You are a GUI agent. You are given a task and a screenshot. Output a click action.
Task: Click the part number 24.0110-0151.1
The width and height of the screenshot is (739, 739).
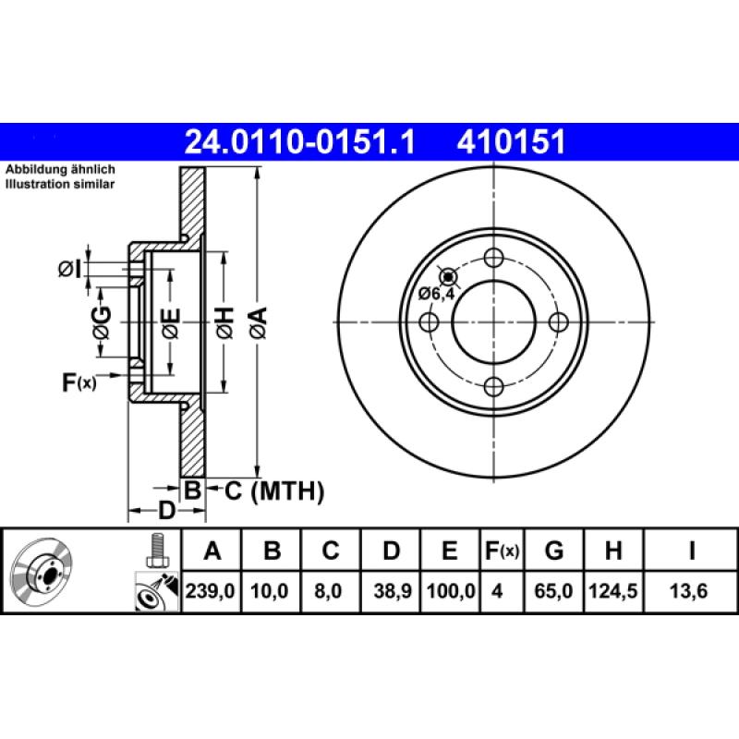[x=301, y=141]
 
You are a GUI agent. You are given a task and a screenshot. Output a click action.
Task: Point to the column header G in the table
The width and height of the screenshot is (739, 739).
[x=553, y=551]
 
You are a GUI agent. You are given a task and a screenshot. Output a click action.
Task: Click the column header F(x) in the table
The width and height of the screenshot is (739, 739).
[x=503, y=551]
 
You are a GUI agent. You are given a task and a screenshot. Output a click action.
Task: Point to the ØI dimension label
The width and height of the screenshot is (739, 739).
[x=70, y=269]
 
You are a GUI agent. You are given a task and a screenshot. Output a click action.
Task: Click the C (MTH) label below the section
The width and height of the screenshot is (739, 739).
[x=274, y=491]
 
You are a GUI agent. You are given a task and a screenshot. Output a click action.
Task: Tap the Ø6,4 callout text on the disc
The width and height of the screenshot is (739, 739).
[x=436, y=294]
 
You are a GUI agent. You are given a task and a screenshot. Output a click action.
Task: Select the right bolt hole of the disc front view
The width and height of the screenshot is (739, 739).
[x=558, y=321]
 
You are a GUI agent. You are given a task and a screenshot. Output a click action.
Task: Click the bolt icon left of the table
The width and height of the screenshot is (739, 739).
[x=156, y=551]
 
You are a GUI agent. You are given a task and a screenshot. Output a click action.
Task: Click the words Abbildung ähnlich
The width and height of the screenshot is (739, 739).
[x=60, y=171]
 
